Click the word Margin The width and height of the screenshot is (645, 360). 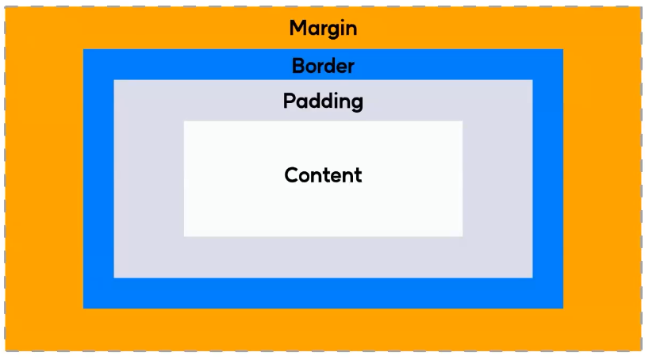pyautogui.click(x=323, y=29)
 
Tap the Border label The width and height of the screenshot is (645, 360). pyautogui.click(x=323, y=66)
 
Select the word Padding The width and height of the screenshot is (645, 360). pyautogui.click(x=323, y=101)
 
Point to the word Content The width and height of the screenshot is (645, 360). pyautogui.click(x=323, y=174)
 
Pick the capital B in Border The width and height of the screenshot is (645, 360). pyautogui.click(x=298, y=66)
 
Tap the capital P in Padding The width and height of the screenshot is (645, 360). pyautogui.click(x=290, y=101)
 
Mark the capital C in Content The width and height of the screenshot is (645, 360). pyautogui.click(x=291, y=174)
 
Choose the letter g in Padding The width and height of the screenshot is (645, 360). pyautogui.click(x=356, y=105)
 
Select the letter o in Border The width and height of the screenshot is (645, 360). pyautogui.click(x=312, y=67)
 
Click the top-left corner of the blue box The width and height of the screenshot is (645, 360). pyautogui.click(x=83, y=49)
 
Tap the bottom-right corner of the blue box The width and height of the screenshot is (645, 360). pyautogui.click(x=562, y=308)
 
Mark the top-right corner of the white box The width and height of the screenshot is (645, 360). pyautogui.click(x=462, y=121)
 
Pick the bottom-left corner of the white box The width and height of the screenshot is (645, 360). pyautogui.click(x=184, y=236)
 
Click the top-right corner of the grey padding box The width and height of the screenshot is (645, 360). pyautogui.click(x=532, y=80)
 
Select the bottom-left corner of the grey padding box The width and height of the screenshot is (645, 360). pyautogui.click(x=114, y=278)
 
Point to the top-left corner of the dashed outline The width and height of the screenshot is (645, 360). pyautogui.click(x=6, y=7)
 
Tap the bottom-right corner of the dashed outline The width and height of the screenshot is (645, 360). pyautogui.click(x=640, y=350)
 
